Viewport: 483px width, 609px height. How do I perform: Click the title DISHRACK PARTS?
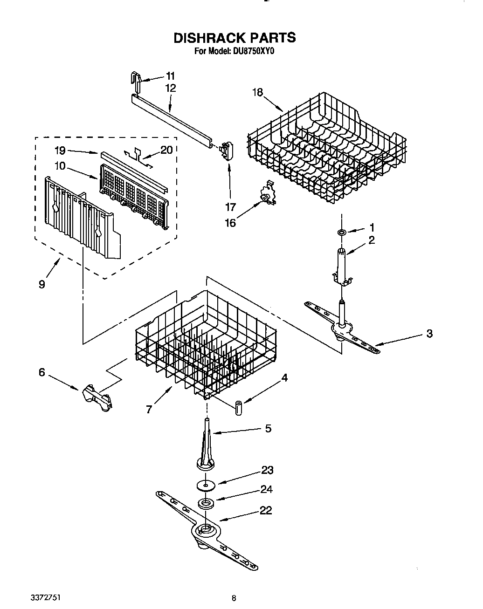tap(235, 38)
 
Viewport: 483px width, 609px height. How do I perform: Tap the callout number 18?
tap(257, 92)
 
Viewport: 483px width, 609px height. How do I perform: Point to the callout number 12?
tap(170, 88)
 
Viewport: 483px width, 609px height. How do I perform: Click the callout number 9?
tap(42, 284)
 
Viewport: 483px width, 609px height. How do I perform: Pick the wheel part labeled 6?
tap(97, 398)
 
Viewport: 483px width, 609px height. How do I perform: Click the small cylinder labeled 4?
tap(239, 406)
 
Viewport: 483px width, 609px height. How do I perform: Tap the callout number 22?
tap(265, 511)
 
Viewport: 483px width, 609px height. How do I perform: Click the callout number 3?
tap(429, 333)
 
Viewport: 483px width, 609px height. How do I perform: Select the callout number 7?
tap(149, 409)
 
